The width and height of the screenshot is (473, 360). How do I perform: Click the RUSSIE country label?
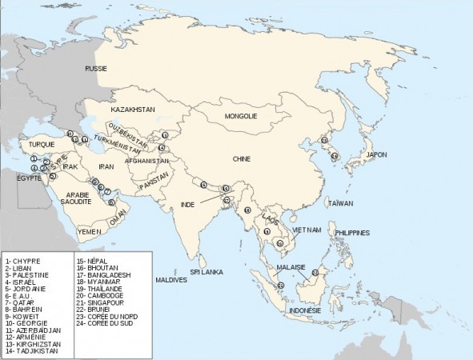(x=98, y=70)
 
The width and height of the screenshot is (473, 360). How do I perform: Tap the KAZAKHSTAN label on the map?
(x=132, y=108)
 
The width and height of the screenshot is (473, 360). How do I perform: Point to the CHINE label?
(x=242, y=158)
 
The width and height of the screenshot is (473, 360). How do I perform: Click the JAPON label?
(x=376, y=154)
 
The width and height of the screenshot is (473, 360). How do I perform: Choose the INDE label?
(x=188, y=204)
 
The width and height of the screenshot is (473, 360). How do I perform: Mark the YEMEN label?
(x=88, y=230)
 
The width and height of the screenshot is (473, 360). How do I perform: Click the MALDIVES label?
(x=171, y=280)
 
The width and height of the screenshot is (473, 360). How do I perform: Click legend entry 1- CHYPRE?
(x=23, y=261)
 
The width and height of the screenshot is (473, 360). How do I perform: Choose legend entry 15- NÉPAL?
(x=92, y=261)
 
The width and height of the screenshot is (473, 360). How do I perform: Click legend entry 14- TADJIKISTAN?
(x=34, y=349)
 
